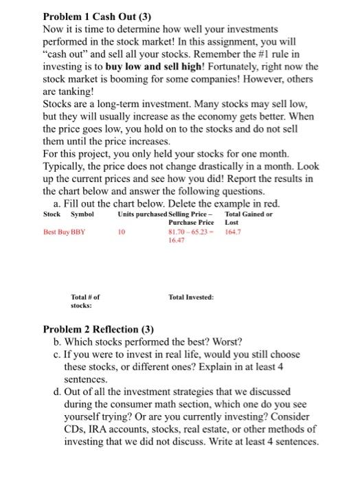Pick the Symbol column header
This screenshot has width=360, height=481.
tap(82, 214)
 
